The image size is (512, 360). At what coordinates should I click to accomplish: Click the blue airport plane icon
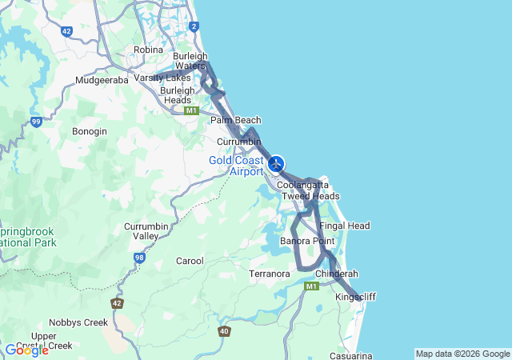pyautogui.click(x=276, y=164)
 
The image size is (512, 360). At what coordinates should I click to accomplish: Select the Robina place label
pyautogui.click(x=148, y=50)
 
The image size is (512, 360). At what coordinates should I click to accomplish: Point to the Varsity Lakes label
pyautogui.click(x=162, y=78)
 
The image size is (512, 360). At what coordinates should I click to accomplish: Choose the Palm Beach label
pyautogui.click(x=235, y=120)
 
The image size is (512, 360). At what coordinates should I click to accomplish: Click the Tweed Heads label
pyautogui.click(x=310, y=196)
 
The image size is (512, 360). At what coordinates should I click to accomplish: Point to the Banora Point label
pyautogui.click(x=307, y=241)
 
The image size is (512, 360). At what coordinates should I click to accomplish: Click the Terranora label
pyautogui.click(x=269, y=274)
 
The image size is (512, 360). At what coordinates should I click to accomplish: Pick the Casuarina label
pyautogui.click(x=350, y=355)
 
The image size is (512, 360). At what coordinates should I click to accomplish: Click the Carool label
pyautogui.click(x=190, y=261)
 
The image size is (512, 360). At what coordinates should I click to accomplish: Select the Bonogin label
pyautogui.click(x=89, y=130)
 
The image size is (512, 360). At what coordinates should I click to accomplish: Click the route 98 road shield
pyautogui.click(x=139, y=258)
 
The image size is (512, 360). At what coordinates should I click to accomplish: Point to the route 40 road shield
pyautogui.click(x=224, y=331)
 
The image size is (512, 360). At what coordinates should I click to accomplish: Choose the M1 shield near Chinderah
pyautogui.click(x=311, y=286)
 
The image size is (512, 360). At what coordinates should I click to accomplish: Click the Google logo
pyautogui.click(x=26, y=350)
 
